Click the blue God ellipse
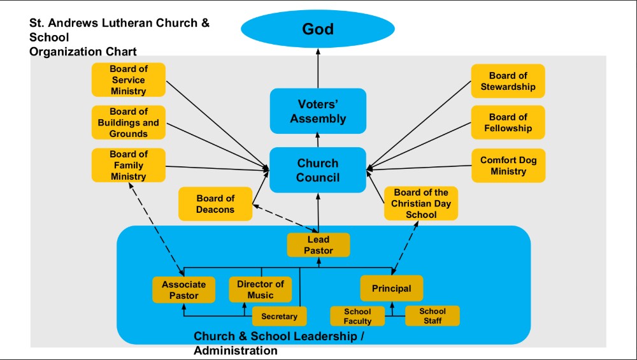point(318,29)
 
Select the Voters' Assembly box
point(318,111)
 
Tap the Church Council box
point(318,169)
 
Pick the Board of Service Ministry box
point(128,80)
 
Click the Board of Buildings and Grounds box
point(128,122)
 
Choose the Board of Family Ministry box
point(128,165)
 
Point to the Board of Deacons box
point(215,204)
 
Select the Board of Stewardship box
point(508,81)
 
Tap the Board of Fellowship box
point(508,122)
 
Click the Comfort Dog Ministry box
point(508,166)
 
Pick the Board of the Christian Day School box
point(420,203)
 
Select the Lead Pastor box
point(318,245)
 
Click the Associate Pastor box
point(183,290)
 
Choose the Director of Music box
point(260,289)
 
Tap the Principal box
point(391,288)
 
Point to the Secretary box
point(279,316)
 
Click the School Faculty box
point(357,316)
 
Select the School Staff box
point(433,315)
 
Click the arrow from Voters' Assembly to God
point(318,70)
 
